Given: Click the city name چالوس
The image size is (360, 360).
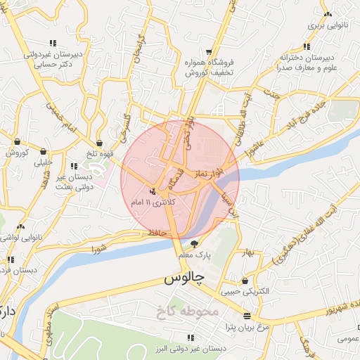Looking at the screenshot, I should click(x=184, y=278).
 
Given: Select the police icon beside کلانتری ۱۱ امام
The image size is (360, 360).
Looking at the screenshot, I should click(x=153, y=191).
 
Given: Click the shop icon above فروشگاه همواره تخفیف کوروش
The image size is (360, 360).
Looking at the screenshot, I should click(x=210, y=52).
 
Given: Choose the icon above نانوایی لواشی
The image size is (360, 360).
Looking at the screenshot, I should click(x=20, y=227).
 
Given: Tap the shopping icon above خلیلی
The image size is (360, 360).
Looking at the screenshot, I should click(x=44, y=151).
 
